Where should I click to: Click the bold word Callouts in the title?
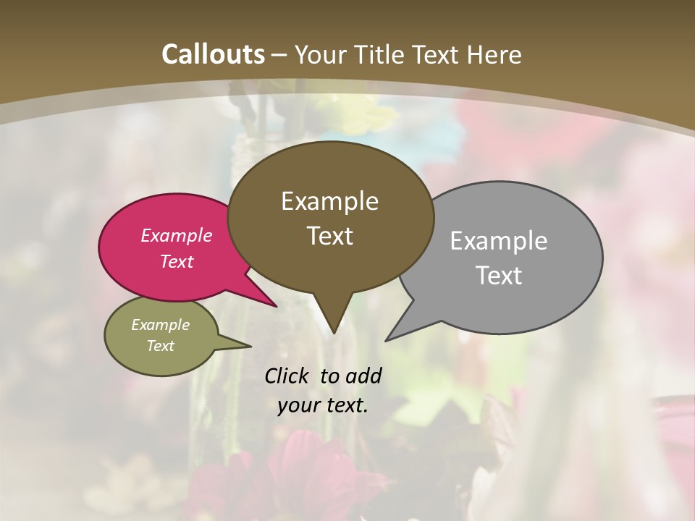[214, 54]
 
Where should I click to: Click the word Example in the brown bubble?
[329, 200]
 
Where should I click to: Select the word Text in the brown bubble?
[329, 235]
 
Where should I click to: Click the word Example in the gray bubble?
[499, 240]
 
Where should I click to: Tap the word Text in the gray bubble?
[499, 275]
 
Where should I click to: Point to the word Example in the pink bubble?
[176, 235]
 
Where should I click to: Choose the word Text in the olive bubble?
[160, 346]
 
